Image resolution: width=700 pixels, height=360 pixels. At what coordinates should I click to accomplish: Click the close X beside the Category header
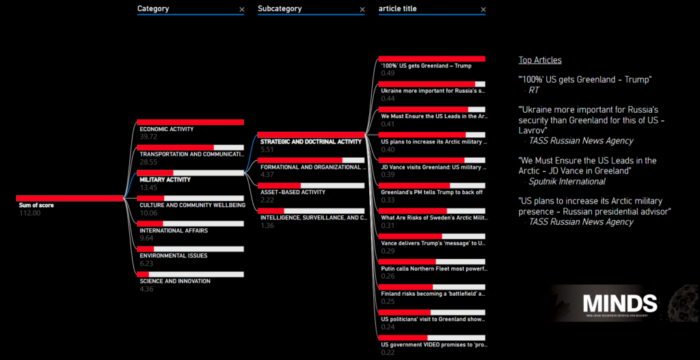[x=241, y=10]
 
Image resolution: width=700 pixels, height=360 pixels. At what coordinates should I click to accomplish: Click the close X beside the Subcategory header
[x=362, y=10]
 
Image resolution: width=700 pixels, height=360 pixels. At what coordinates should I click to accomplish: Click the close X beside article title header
[x=483, y=10]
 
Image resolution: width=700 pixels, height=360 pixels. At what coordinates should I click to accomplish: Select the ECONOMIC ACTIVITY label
[x=166, y=129]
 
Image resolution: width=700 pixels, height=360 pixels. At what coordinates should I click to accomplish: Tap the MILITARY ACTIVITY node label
[x=165, y=180]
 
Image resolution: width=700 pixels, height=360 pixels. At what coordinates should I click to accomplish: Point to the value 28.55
[x=148, y=163]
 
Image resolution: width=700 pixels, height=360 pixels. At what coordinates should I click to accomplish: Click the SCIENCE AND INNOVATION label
[x=174, y=281]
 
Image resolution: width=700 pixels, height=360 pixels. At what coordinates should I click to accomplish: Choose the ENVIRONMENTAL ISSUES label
[x=172, y=255]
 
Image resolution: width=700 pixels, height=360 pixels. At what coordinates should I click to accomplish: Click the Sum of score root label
[x=36, y=205]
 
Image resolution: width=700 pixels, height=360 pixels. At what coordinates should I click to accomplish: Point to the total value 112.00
[x=29, y=213]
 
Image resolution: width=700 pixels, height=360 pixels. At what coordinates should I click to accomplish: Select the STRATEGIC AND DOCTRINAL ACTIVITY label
[x=311, y=142]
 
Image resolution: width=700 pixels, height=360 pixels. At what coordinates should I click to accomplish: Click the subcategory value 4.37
[x=267, y=175]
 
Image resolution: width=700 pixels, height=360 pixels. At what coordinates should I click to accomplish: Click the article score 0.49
[x=388, y=73]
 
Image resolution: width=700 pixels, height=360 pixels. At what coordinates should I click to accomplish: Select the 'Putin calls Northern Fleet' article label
[x=433, y=268]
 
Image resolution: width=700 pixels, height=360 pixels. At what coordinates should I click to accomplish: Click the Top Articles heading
[x=540, y=60]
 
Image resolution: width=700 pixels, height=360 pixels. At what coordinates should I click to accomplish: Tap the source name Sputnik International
[x=567, y=182]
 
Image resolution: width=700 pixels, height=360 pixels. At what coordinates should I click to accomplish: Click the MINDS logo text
[x=619, y=304]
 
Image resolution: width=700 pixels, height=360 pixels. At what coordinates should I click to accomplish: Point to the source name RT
[x=534, y=89]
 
